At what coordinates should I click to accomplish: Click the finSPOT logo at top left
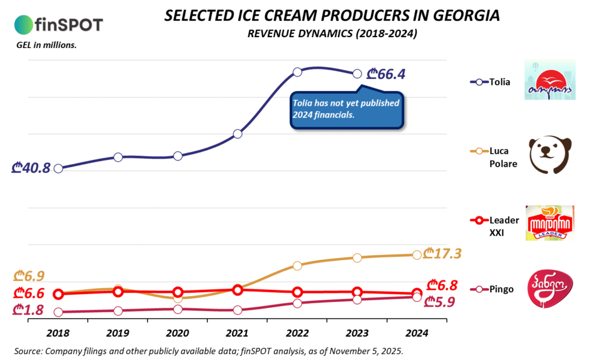pos(58,24)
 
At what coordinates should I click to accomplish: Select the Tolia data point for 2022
pos(298,72)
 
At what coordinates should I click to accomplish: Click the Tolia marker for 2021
pos(238,134)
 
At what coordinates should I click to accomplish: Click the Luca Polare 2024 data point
pos(416,254)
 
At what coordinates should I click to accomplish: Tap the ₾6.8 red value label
pos(442,285)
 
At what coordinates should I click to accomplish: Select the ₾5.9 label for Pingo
pos(440,301)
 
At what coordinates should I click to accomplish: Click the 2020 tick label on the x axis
pos(178,333)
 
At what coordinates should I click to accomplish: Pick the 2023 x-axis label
pos(357,333)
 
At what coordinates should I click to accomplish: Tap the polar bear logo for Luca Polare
pos(550,155)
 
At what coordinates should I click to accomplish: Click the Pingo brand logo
pos(549,289)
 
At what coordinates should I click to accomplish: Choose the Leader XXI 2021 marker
pos(238,290)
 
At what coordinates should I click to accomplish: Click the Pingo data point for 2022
pos(298,303)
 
